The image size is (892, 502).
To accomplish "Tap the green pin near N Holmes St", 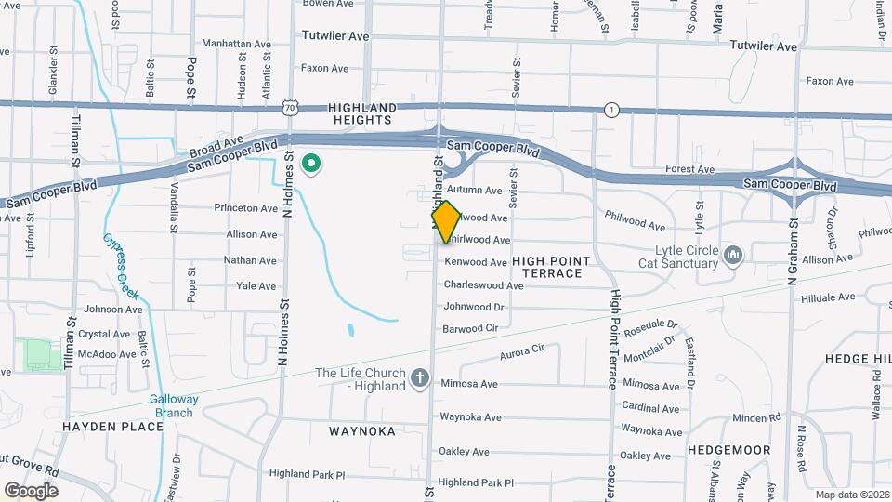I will click(x=312, y=165).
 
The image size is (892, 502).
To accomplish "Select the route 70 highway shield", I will click(x=290, y=109).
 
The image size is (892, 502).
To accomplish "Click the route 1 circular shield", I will click(x=610, y=110).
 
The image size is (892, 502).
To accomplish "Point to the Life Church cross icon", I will click(x=419, y=377).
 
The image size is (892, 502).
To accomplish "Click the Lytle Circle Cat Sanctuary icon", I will click(x=732, y=254).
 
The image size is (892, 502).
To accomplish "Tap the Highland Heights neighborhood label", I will click(x=363, y=113).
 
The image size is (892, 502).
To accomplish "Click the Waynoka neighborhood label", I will click(x=361, y=431).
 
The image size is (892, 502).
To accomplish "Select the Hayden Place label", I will click(x=112, y=427).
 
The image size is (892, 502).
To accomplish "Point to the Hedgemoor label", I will click(x=729, y=450).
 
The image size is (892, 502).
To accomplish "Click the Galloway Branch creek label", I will click(x=173, y=405).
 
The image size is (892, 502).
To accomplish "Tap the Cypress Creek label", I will click(x=122, y=265).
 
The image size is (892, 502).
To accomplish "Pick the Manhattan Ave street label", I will click(x=237, y=44).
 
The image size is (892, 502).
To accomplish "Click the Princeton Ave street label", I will click(x=245, y=207).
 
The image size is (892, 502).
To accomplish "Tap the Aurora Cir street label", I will click(x=521, y=352).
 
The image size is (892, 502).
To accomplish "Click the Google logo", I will click(x=31, y=491).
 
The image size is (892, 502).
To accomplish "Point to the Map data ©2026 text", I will click(x=851, y=495).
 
